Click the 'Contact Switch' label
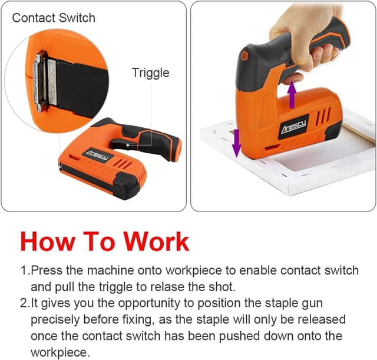click(x=53, y=18)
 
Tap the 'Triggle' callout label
click(x=150, y=72)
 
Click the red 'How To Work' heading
click(x=105, y=242)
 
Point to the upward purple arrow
click(x=291, y=94)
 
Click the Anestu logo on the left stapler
click(x=96, y=154)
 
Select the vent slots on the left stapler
click(x=121, y=162)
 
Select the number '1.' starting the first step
click(x=25, y=270)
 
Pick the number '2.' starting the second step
click(x=25, y=303)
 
